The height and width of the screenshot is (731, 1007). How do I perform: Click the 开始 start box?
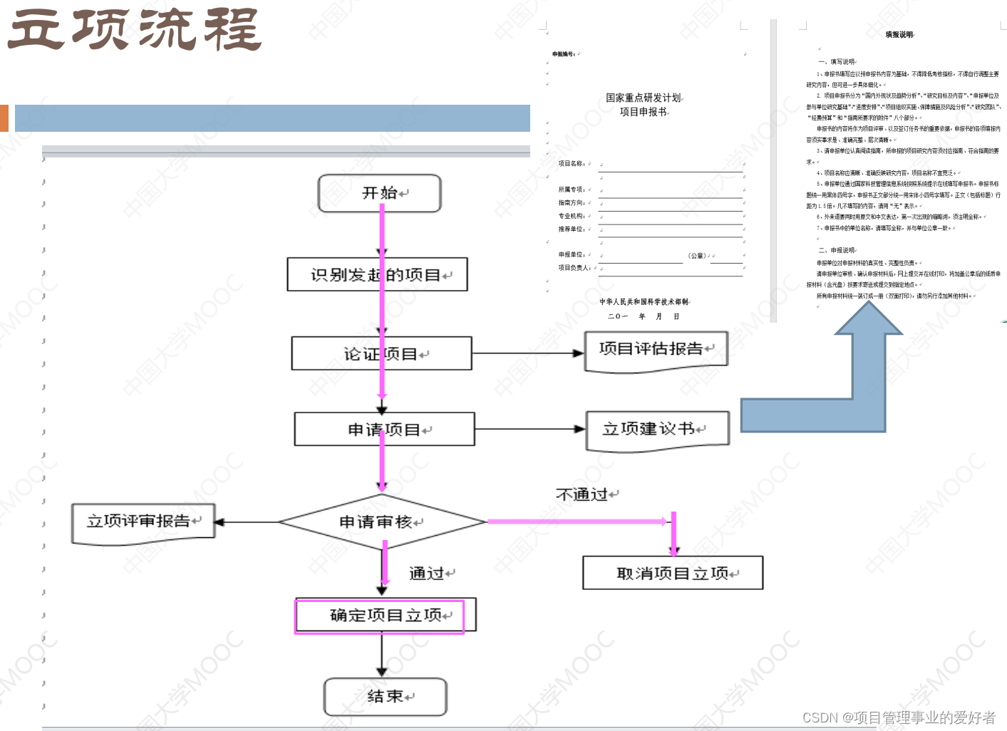(x=379, y=194)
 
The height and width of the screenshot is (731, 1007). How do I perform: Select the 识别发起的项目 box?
(x=377, y=275)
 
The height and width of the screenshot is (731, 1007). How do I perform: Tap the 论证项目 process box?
(x=381, y=354)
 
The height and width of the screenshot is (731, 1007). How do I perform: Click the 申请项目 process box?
(x=384, y=430)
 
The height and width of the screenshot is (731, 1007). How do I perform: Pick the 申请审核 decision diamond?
(x=382, y=522)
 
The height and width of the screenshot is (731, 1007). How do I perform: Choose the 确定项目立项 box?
(x=385, y=616)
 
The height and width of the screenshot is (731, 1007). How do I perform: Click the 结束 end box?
(x=385, y=697)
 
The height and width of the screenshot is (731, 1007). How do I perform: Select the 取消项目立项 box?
(x=673, y=573)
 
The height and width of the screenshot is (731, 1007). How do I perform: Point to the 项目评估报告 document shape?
(x=656, y=350)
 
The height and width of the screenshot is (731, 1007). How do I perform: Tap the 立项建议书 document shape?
(x=657, y=430)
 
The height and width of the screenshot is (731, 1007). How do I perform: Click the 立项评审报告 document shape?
(x=143, y=522)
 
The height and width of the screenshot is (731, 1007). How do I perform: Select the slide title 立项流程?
(x=135, y=30)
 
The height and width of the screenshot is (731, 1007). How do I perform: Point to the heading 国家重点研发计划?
(x=644, y=98)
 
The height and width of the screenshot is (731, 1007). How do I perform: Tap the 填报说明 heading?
(x=899, y=34)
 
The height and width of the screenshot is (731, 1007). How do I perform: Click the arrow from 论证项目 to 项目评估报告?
(x=527, y=353)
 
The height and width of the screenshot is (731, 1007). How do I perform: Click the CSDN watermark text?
(x=899, y=717)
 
